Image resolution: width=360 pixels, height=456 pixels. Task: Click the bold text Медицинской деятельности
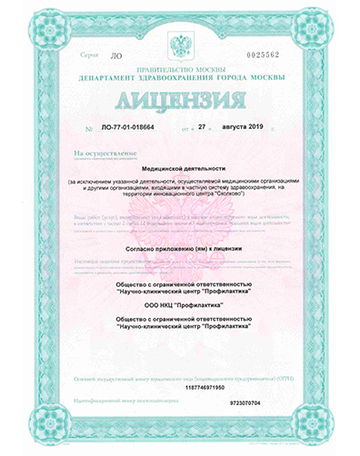181,168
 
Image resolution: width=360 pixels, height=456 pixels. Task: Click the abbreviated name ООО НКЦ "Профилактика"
181,306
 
